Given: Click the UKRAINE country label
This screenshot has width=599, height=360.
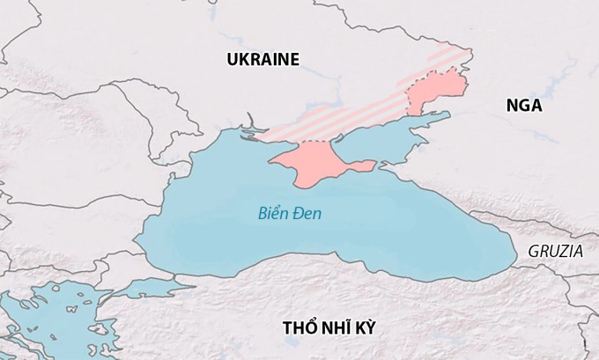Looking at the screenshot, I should click(263, 60).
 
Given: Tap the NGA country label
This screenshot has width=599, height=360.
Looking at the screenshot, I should click(524, 106).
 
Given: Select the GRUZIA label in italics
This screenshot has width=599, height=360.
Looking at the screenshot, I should click(555, 251).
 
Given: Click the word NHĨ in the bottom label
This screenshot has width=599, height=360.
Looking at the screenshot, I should click(338, 327).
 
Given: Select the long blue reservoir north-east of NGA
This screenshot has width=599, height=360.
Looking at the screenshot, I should click(555, 84).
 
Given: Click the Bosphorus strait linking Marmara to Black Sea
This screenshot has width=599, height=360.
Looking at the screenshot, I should click(181, 279).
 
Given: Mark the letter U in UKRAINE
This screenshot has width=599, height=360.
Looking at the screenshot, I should click(232, 60).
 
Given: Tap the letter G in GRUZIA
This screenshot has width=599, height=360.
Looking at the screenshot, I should click(534, 251).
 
